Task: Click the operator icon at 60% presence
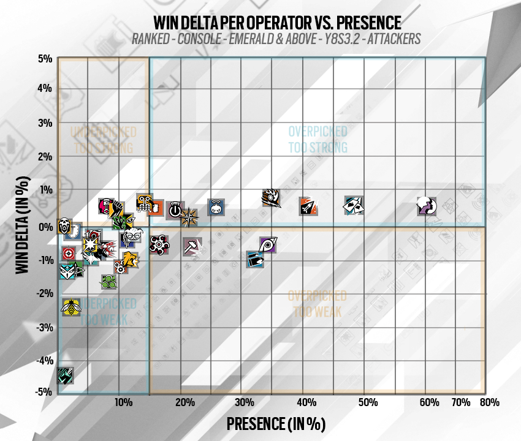(426, 206)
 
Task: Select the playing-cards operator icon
(354, 205)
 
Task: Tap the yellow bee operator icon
(72, 307)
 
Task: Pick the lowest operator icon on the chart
(66, 375)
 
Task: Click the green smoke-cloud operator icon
(109, 282)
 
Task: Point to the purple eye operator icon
(268, 246)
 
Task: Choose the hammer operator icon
(192, 246)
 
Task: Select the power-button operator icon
(175, 209)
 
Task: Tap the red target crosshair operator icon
(69, 254)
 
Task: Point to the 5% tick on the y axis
(45, 59)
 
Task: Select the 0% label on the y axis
(46, 227)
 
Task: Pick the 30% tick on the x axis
(244, 402)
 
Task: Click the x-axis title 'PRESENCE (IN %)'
(275, 423)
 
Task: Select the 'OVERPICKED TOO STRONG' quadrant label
(318, 140)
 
